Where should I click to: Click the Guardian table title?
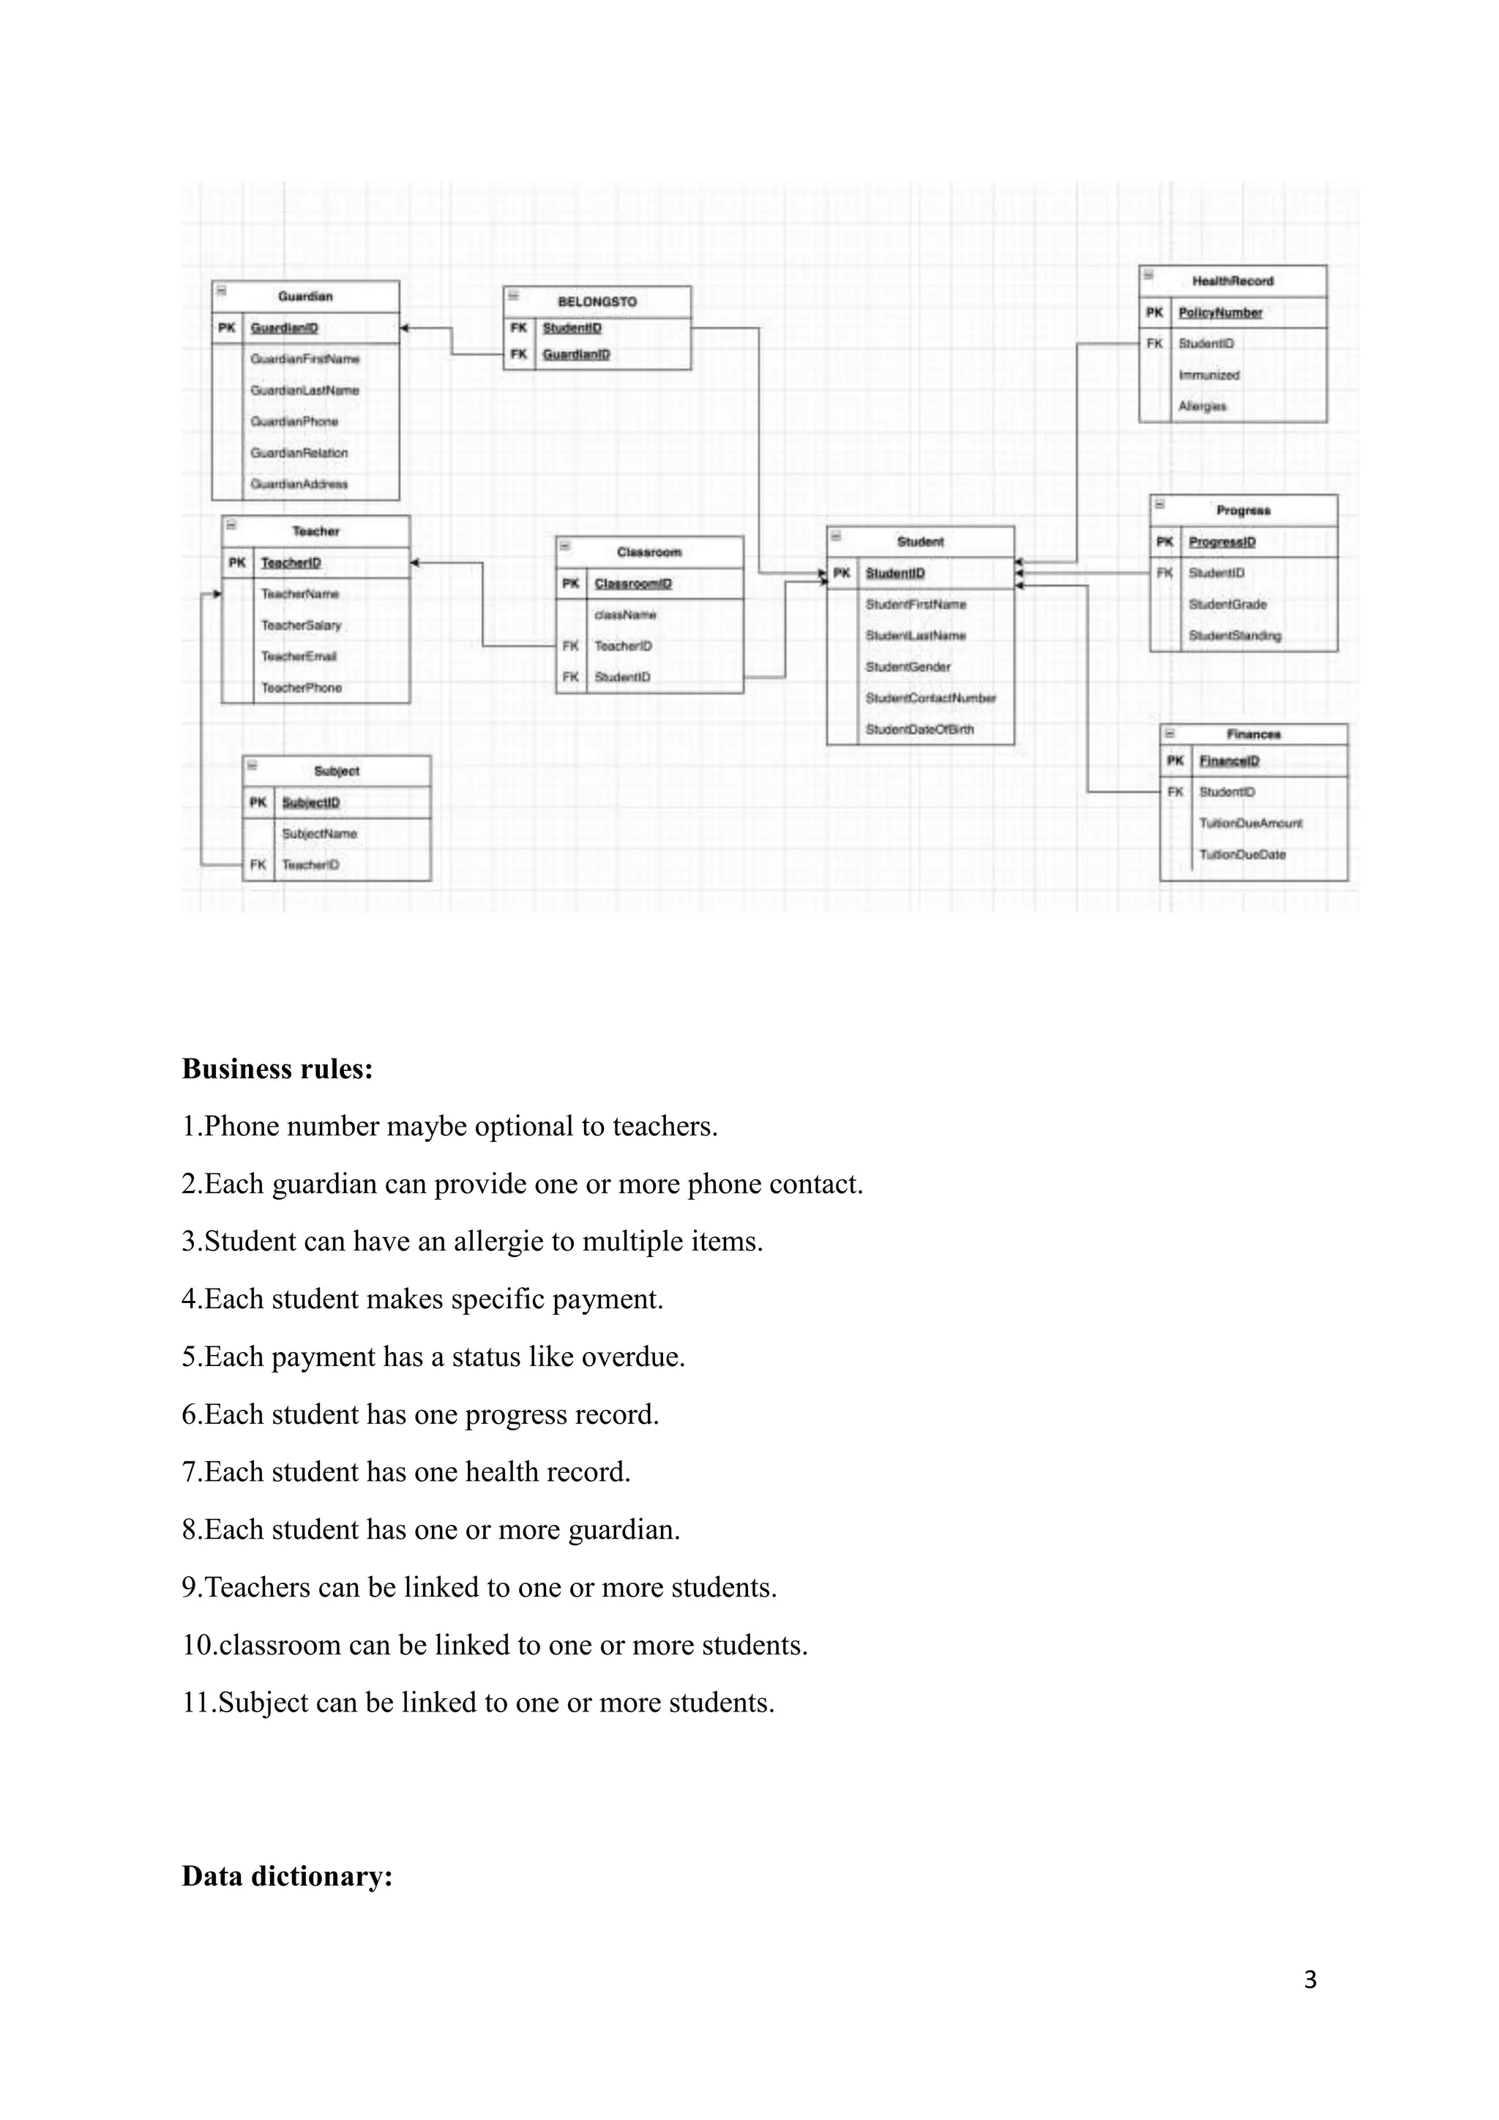click(305, 296)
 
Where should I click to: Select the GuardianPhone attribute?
click(294, 422)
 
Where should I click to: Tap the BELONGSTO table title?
click(597, 302)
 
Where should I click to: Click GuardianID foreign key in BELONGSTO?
click(576, 354)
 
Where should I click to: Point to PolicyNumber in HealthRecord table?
click(1220, 313)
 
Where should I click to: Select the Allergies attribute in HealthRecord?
click(1203, 406)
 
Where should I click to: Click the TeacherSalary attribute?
click(301, 625)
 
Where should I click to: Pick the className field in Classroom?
click(626, 615)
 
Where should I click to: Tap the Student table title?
click(920, 542)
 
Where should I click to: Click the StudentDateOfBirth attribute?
click(919, 729)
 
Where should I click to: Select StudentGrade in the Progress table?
click(1227, 605)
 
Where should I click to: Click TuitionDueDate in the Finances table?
click(1242, 854)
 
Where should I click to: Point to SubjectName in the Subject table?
click(319, 834)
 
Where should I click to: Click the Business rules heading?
click(277, 1070)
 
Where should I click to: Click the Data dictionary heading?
click(287, 1876)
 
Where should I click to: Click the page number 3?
click(1309, 1979)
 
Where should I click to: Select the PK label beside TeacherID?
click(237, 563)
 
